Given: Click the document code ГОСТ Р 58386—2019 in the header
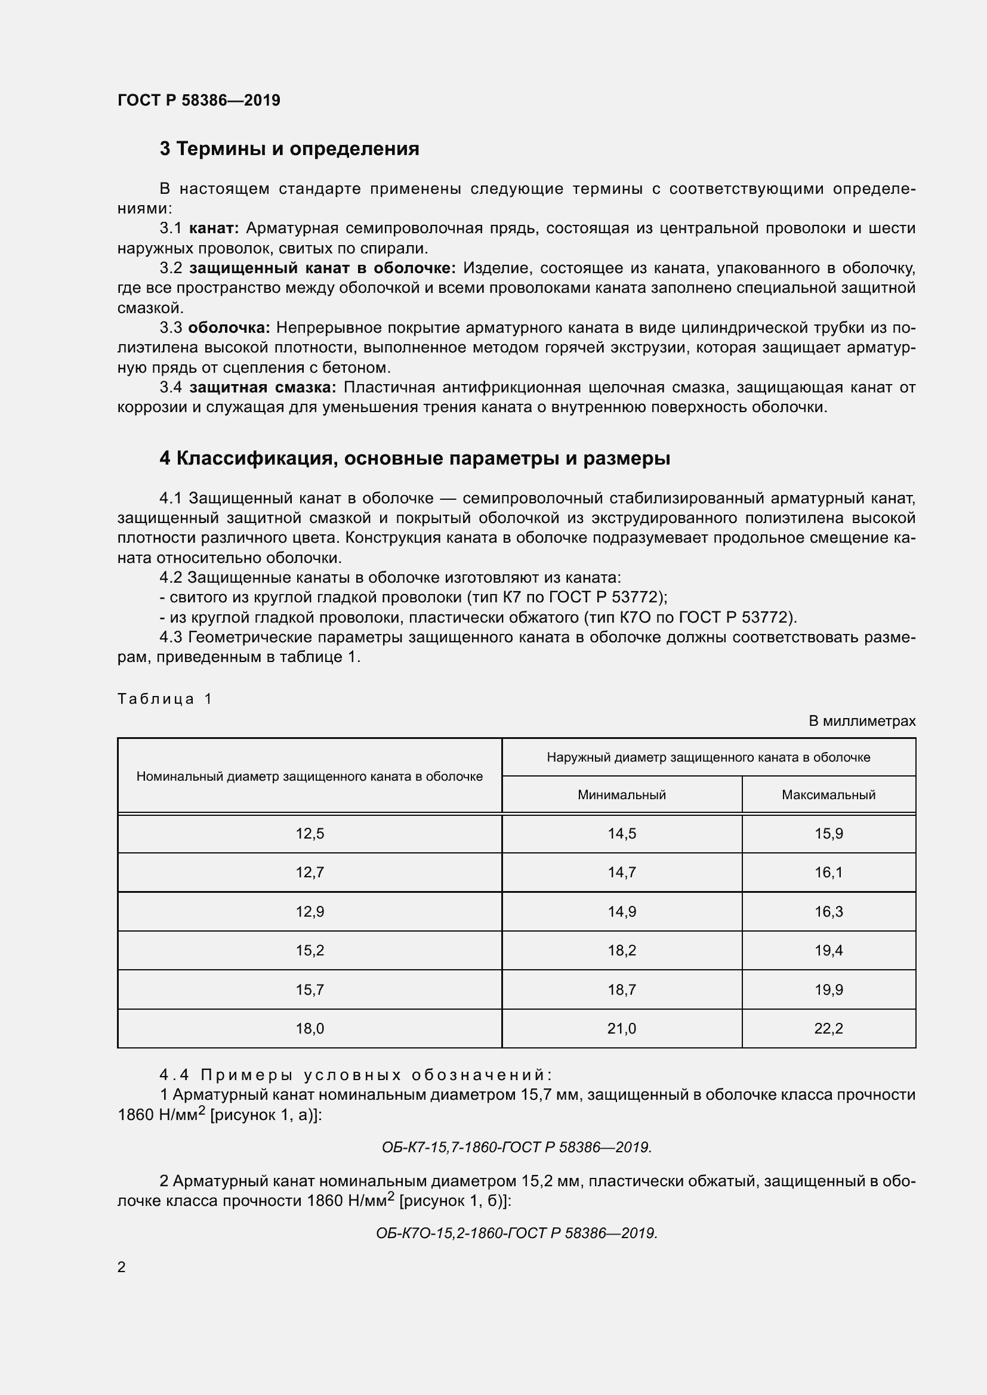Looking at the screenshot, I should (x=199, y=100).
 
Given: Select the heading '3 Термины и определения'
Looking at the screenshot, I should (x=289, y=149).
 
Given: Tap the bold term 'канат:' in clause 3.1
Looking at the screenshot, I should (x=214, y=228).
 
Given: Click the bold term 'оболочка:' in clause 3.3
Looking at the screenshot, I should (x=229, y=328).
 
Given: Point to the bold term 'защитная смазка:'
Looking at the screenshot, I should (x=263, y=388).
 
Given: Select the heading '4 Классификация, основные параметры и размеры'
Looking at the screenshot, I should (x=415, y=458).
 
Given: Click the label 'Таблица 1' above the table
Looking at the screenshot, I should (x=164, y=699).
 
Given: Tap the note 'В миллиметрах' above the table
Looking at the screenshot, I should (x=862, y=721).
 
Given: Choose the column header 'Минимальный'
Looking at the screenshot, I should (x=621, y=794).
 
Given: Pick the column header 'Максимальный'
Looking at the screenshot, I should (x=828, y=794).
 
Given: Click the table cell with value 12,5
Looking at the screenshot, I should (x=310, y=834).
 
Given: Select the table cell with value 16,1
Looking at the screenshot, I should (x=828, y=873).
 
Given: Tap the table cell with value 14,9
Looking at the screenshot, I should (x=621, y=911).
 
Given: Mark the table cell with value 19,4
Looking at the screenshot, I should (x=828, y=950).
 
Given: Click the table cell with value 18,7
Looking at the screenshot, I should (x=621, y=990).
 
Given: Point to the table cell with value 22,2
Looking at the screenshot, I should (x=828, y=1029).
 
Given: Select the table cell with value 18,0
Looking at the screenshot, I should (x=310, y=1029).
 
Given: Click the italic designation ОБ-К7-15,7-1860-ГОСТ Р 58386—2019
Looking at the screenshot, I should (x=517, y=1147).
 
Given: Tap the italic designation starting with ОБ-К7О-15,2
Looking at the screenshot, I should (x=517, y=1233).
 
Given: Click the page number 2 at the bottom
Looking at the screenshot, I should (x=122, y=1267).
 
